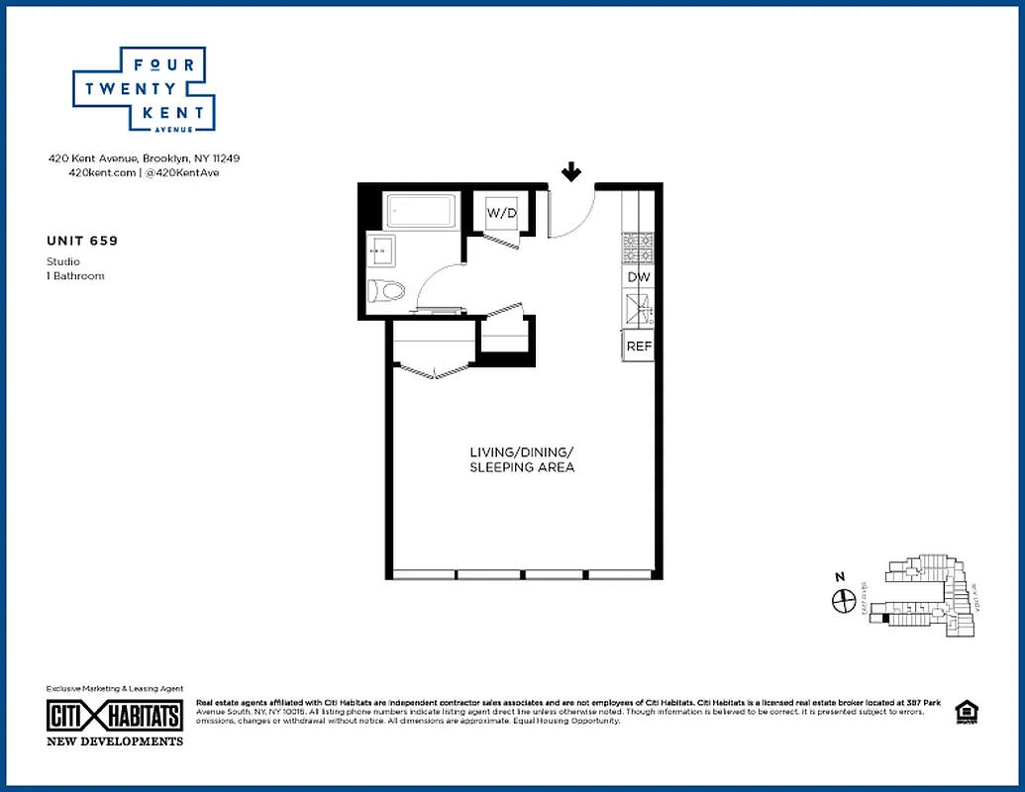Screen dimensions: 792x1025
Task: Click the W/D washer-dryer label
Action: [502, 212]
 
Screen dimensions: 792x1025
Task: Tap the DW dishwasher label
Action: [639, 277]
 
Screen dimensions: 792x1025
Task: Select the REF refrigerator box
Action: [639, 346]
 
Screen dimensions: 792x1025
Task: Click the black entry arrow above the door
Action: [571, 173]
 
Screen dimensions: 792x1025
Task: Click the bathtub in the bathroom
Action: [420, 211]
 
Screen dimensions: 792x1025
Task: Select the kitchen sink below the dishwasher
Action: [639, 313]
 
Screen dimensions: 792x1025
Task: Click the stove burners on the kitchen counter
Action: [639, 244]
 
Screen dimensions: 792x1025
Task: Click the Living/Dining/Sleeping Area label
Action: [522, 459]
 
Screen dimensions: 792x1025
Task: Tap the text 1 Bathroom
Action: [75, 276]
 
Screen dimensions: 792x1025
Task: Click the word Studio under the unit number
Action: [63, 261]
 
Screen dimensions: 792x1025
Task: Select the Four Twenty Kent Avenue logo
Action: [145, 89]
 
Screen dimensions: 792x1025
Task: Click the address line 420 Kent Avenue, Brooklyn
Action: [145, 158]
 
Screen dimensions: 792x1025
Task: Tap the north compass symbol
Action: [844, 599]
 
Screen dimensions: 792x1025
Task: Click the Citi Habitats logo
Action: [115, 716]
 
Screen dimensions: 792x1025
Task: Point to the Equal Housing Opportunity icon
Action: [963, 712]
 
